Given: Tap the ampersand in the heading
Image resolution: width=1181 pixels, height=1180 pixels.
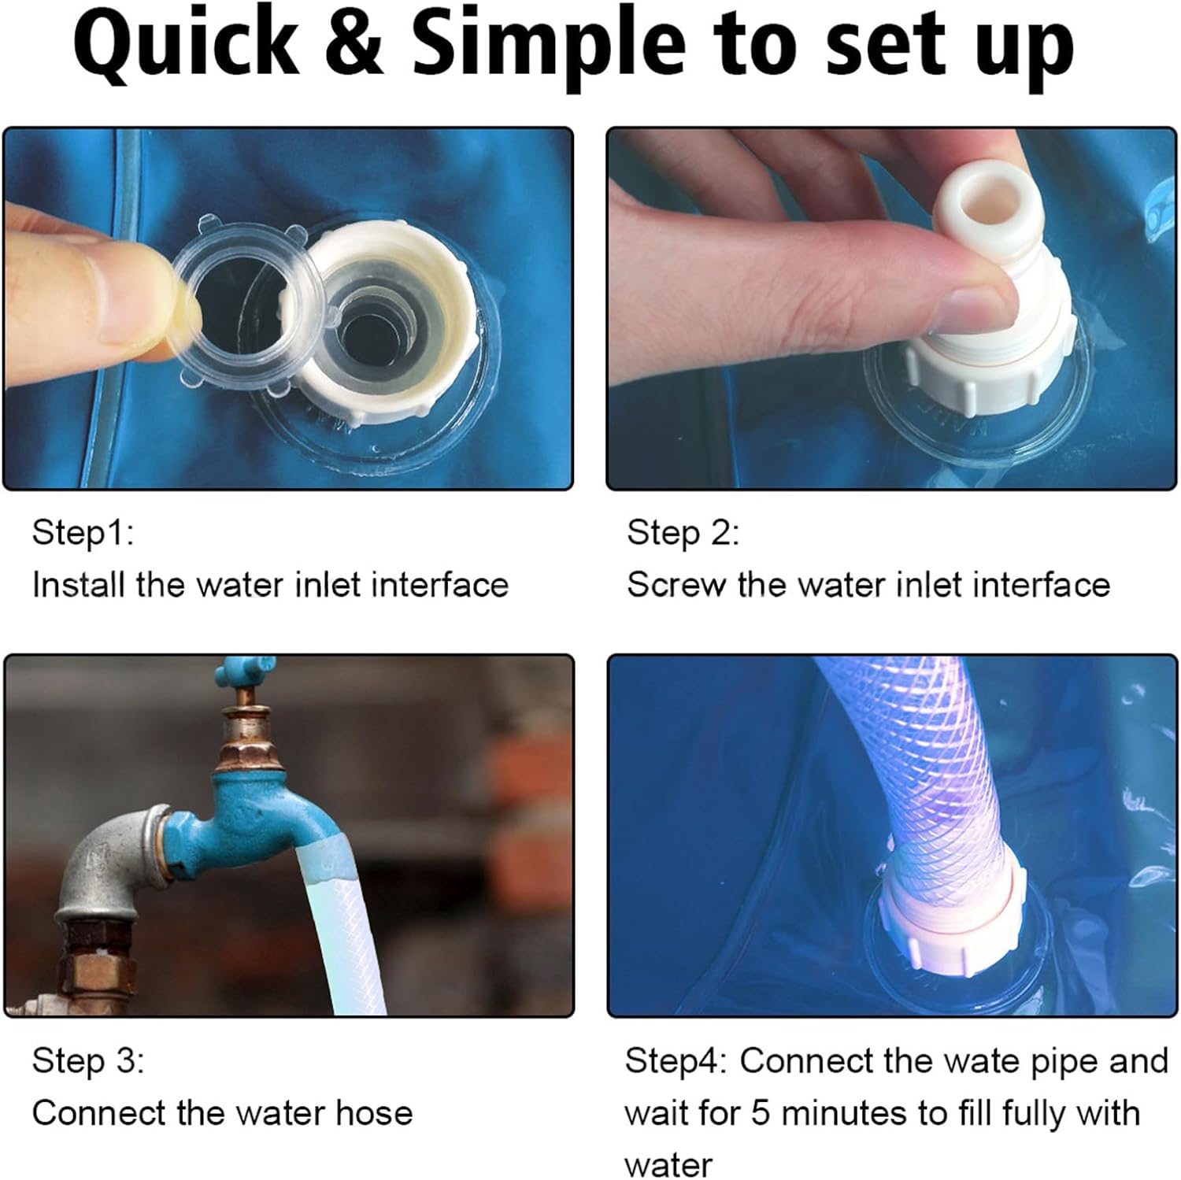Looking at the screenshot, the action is click(x=356, y=45).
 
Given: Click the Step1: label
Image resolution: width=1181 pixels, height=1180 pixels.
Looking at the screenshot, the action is click(x=83, y=533).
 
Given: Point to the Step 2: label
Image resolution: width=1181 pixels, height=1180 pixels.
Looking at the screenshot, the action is click(x=683, y=533).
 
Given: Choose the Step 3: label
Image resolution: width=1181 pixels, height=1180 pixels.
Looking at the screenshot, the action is click(x=88, y=1060).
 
